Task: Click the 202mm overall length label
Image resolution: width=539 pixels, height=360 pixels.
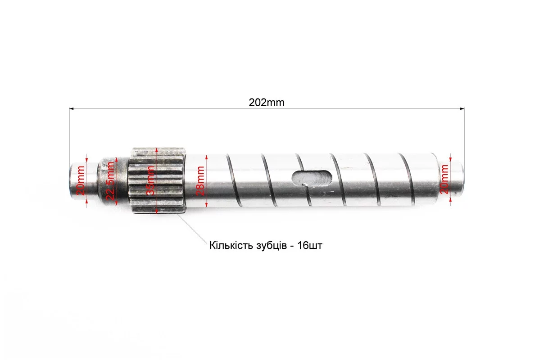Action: pos(267,102)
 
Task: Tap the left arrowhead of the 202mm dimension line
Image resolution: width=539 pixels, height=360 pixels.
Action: pos(72,109)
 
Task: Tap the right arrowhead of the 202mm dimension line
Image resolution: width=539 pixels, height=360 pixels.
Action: pos(462,109)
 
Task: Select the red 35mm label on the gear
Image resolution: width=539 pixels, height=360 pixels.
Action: pos(150,181)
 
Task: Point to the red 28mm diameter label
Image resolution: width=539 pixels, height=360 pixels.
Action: pos(200,181)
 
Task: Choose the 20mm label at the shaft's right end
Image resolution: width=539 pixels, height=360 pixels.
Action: pos(444,179)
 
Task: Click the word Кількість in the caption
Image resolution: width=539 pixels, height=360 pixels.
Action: pos(231,246)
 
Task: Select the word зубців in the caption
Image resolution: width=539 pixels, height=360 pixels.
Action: pos(271,246)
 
